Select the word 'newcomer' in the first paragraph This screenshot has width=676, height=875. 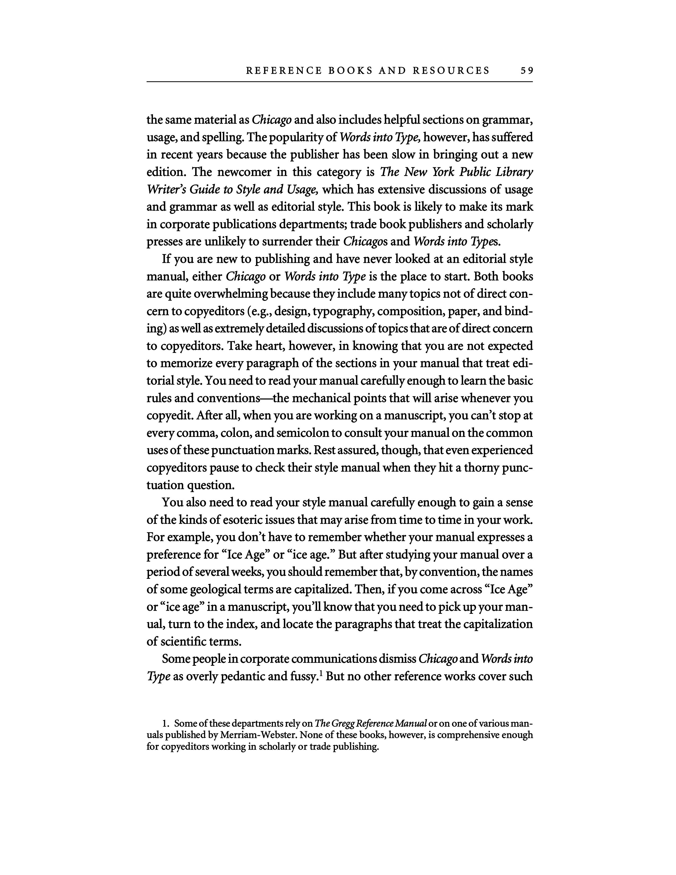point(244,172)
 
